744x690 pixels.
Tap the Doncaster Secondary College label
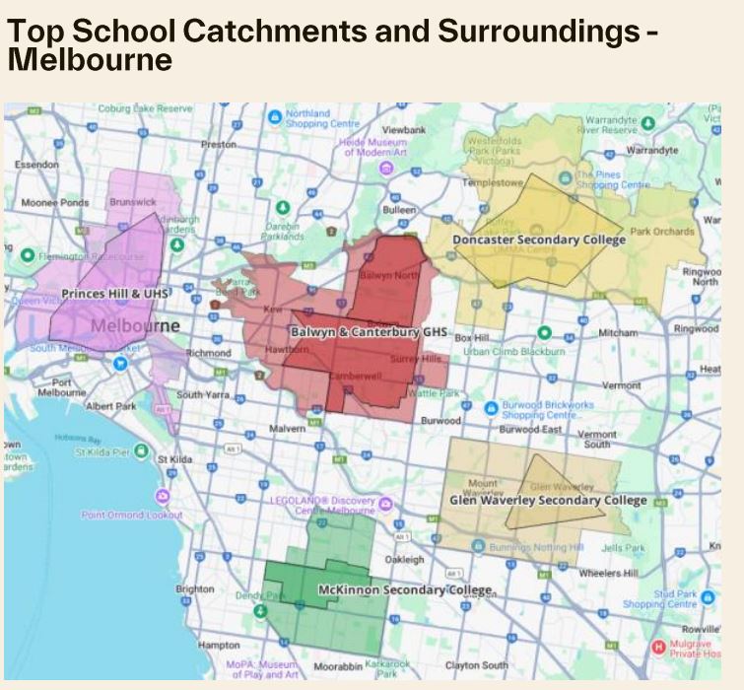click(539, 241)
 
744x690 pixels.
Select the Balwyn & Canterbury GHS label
click(370, 333)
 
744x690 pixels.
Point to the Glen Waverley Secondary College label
click(548, 501)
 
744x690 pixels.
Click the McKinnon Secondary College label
click(404, 590)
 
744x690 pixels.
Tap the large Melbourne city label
click(136, 325)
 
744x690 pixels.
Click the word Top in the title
click(33, 32)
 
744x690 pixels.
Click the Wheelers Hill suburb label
click(608, 573)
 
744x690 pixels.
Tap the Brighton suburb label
click(194, 589)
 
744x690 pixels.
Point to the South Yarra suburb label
click(202, 395)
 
